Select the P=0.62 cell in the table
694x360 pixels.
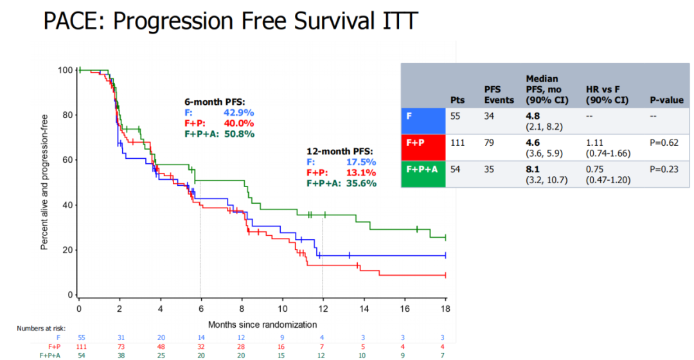point(666,143)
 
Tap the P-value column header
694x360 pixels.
point(666,100)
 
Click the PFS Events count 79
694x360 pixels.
point(490,143)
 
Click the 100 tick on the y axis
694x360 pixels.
point(64,70)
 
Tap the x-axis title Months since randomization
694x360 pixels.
point(262,324)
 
